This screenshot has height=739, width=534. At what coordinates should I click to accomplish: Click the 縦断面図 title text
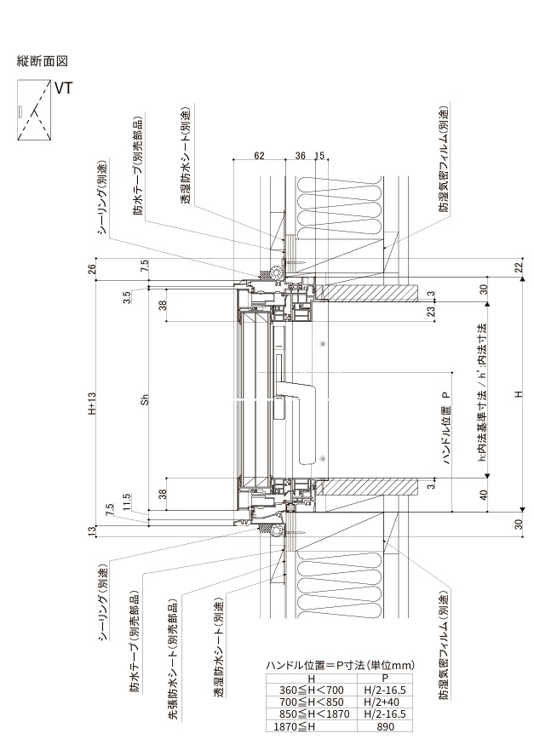43,60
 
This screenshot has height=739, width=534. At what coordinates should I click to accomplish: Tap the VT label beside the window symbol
63,89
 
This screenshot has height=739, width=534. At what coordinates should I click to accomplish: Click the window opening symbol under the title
34,110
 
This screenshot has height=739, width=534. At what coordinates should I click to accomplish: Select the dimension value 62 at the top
259,156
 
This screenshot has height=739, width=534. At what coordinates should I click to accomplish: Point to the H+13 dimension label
92,404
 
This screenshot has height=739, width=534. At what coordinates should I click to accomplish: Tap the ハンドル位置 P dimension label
447,428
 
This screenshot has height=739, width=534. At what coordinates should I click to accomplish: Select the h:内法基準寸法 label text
482,430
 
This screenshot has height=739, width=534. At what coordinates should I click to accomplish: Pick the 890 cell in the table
385,726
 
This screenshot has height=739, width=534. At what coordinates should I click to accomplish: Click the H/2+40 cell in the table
385,702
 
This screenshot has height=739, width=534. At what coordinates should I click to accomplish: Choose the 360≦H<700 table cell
311,690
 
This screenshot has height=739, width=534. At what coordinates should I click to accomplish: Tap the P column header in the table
385,679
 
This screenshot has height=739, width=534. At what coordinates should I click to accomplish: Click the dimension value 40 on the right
484,495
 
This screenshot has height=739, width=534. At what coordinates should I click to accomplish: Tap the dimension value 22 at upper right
519,267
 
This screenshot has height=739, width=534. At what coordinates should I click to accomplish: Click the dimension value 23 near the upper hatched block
430,312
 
